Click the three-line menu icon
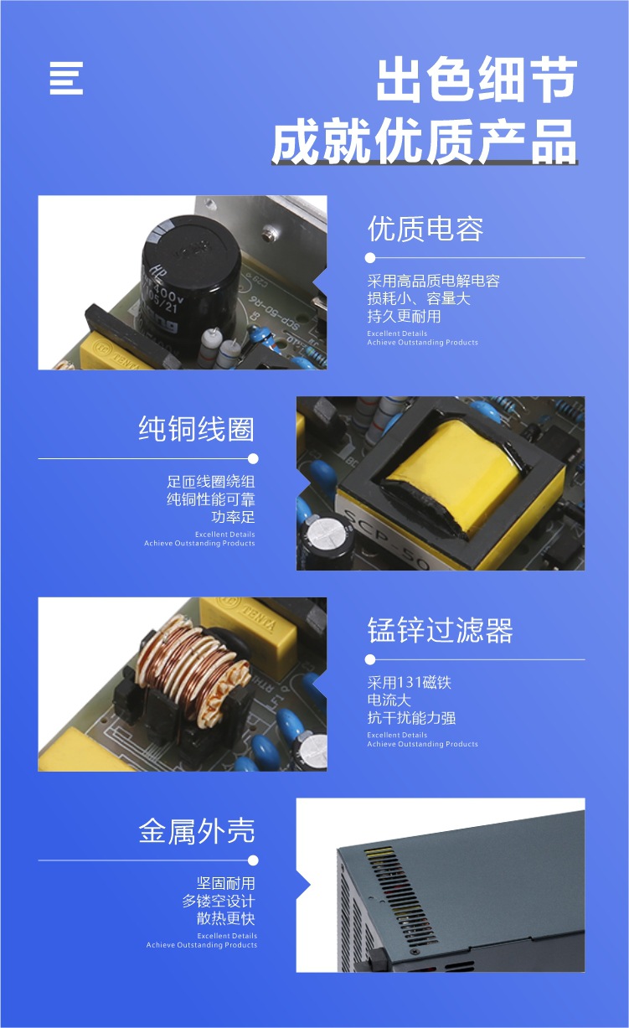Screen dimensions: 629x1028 coord(66,79)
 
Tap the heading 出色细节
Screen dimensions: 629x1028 coord(477,79)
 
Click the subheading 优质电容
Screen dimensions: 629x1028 coord(425,230)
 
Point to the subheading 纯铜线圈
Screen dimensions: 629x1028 coord(196,429)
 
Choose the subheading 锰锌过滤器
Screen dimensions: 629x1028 coord(440,630)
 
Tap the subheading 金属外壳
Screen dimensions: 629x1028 coord(196,831)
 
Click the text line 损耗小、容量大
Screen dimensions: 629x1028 coord(419,299)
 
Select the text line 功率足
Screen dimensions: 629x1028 coord(233,517)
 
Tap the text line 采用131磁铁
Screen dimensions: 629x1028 coord(410,683)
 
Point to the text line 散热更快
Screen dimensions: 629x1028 coord(226,919)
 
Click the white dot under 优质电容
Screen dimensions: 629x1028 coord(370,258)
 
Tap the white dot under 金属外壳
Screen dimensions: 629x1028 coord(253,860)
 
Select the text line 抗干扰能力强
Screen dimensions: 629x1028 coord(411,718)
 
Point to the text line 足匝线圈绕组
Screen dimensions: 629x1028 coord(211,482)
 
